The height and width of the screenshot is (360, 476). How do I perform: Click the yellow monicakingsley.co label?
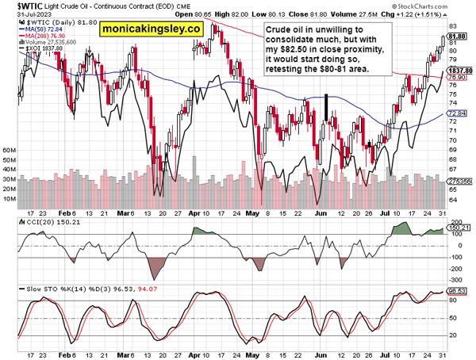pos(151,30)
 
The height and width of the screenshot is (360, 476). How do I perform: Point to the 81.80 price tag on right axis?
pos(456,36)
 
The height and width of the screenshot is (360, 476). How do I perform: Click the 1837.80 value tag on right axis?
pos(459,71)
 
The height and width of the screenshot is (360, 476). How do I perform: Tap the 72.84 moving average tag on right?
pos(455,114)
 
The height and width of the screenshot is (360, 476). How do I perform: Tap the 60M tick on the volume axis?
pos(10,149)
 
